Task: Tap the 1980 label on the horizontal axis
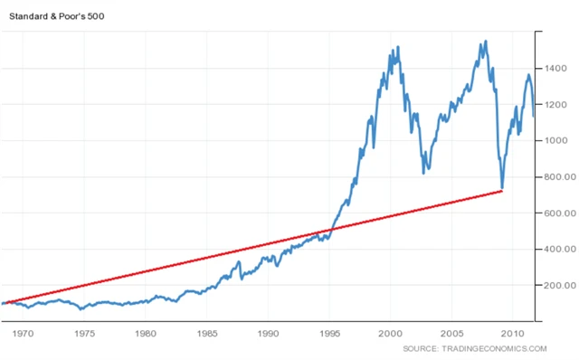[145, 333]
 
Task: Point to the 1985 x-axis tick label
[206, 333]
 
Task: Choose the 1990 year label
[268, 333]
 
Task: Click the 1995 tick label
[329, 333]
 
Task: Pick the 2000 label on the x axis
[391, 333]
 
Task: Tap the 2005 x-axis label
[452, 333]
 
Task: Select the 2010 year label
[514, 333]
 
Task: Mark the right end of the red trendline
[502, 191]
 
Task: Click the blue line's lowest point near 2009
[501, 188]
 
